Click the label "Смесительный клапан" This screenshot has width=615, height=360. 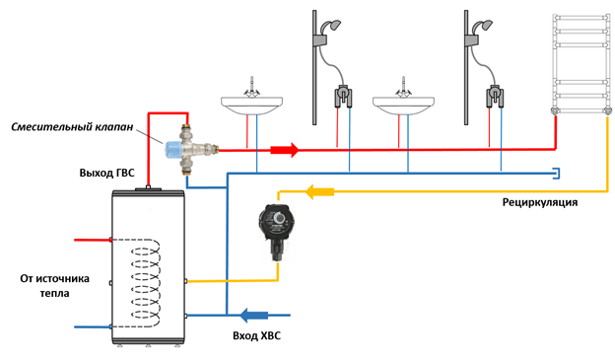point(72,127)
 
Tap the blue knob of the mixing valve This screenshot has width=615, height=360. point(172,150)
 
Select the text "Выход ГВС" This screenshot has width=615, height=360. point(106,173)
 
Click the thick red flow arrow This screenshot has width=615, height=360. point(285,150)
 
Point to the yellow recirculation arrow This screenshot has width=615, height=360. point(319,192)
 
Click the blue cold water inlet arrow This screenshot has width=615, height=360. point(253,315)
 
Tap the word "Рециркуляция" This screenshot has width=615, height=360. point(540,202)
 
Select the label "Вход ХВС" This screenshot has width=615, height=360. point(257,336)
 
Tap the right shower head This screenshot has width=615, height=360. point(482,27)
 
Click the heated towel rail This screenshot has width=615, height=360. point(582,64)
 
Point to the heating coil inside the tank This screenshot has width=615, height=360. point(146,283)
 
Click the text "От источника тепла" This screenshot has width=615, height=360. point(55,286)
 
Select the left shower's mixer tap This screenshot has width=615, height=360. point(343,97)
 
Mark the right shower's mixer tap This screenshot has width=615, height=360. point(495,97)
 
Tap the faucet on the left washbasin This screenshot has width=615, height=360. point(251,87)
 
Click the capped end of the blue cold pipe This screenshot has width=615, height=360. point(558,174)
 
